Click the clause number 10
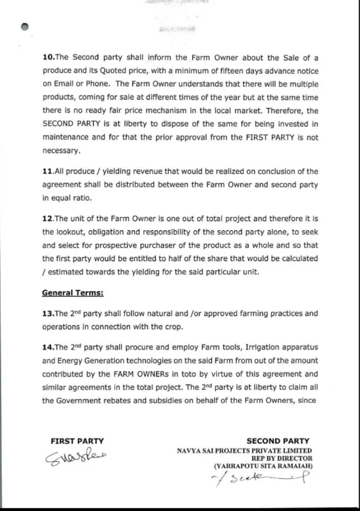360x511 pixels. click(48, 58)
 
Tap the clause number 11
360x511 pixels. click(48, 171)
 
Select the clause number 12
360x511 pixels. click(48, 219)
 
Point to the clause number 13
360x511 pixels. click(48, 313)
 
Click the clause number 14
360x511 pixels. click(48, 347)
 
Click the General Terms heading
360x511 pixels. click(65, 293)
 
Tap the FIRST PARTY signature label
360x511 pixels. click(77, 441)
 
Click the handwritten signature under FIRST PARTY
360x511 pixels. click(78, 457)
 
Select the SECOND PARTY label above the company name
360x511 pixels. click(278, 441)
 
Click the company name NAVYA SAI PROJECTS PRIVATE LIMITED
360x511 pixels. click(244, 450)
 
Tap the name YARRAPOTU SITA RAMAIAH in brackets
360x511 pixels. click(263, 465)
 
